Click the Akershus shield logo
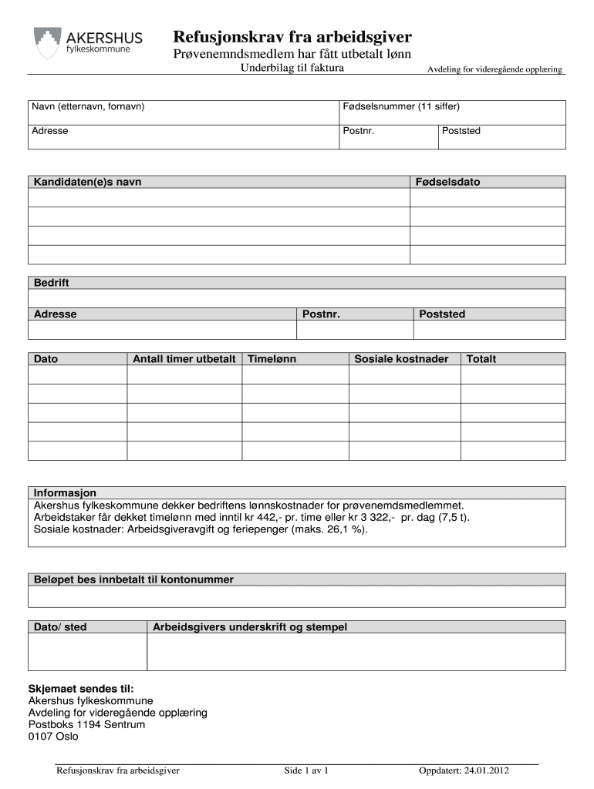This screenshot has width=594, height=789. tap(47, 43)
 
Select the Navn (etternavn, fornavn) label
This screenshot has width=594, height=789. tap(88, 106)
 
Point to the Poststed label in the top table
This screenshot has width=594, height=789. tap(461, 131)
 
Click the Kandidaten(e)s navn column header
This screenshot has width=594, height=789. tap(87, 182)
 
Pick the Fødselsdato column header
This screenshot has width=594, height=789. tap(447, 182)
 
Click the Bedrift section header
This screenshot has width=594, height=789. tap(51, 283)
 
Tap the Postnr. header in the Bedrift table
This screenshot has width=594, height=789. tap(322, 314)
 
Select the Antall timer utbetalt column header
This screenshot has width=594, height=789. tap(184, 359)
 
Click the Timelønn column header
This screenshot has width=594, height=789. tap(272, 359)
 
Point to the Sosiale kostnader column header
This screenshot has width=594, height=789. tap(401, 359)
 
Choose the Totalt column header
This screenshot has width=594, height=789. tap(481, 359)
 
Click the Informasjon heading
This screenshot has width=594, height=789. tap(65, 492)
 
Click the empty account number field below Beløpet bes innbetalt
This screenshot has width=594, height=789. tap(297, 597)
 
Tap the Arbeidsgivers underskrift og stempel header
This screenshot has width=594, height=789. tap(250, 627)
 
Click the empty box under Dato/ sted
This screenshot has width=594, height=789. tap(87, 653)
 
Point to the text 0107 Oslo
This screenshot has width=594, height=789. tap(53, 737)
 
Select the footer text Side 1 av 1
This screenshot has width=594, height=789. tap(306, 771)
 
